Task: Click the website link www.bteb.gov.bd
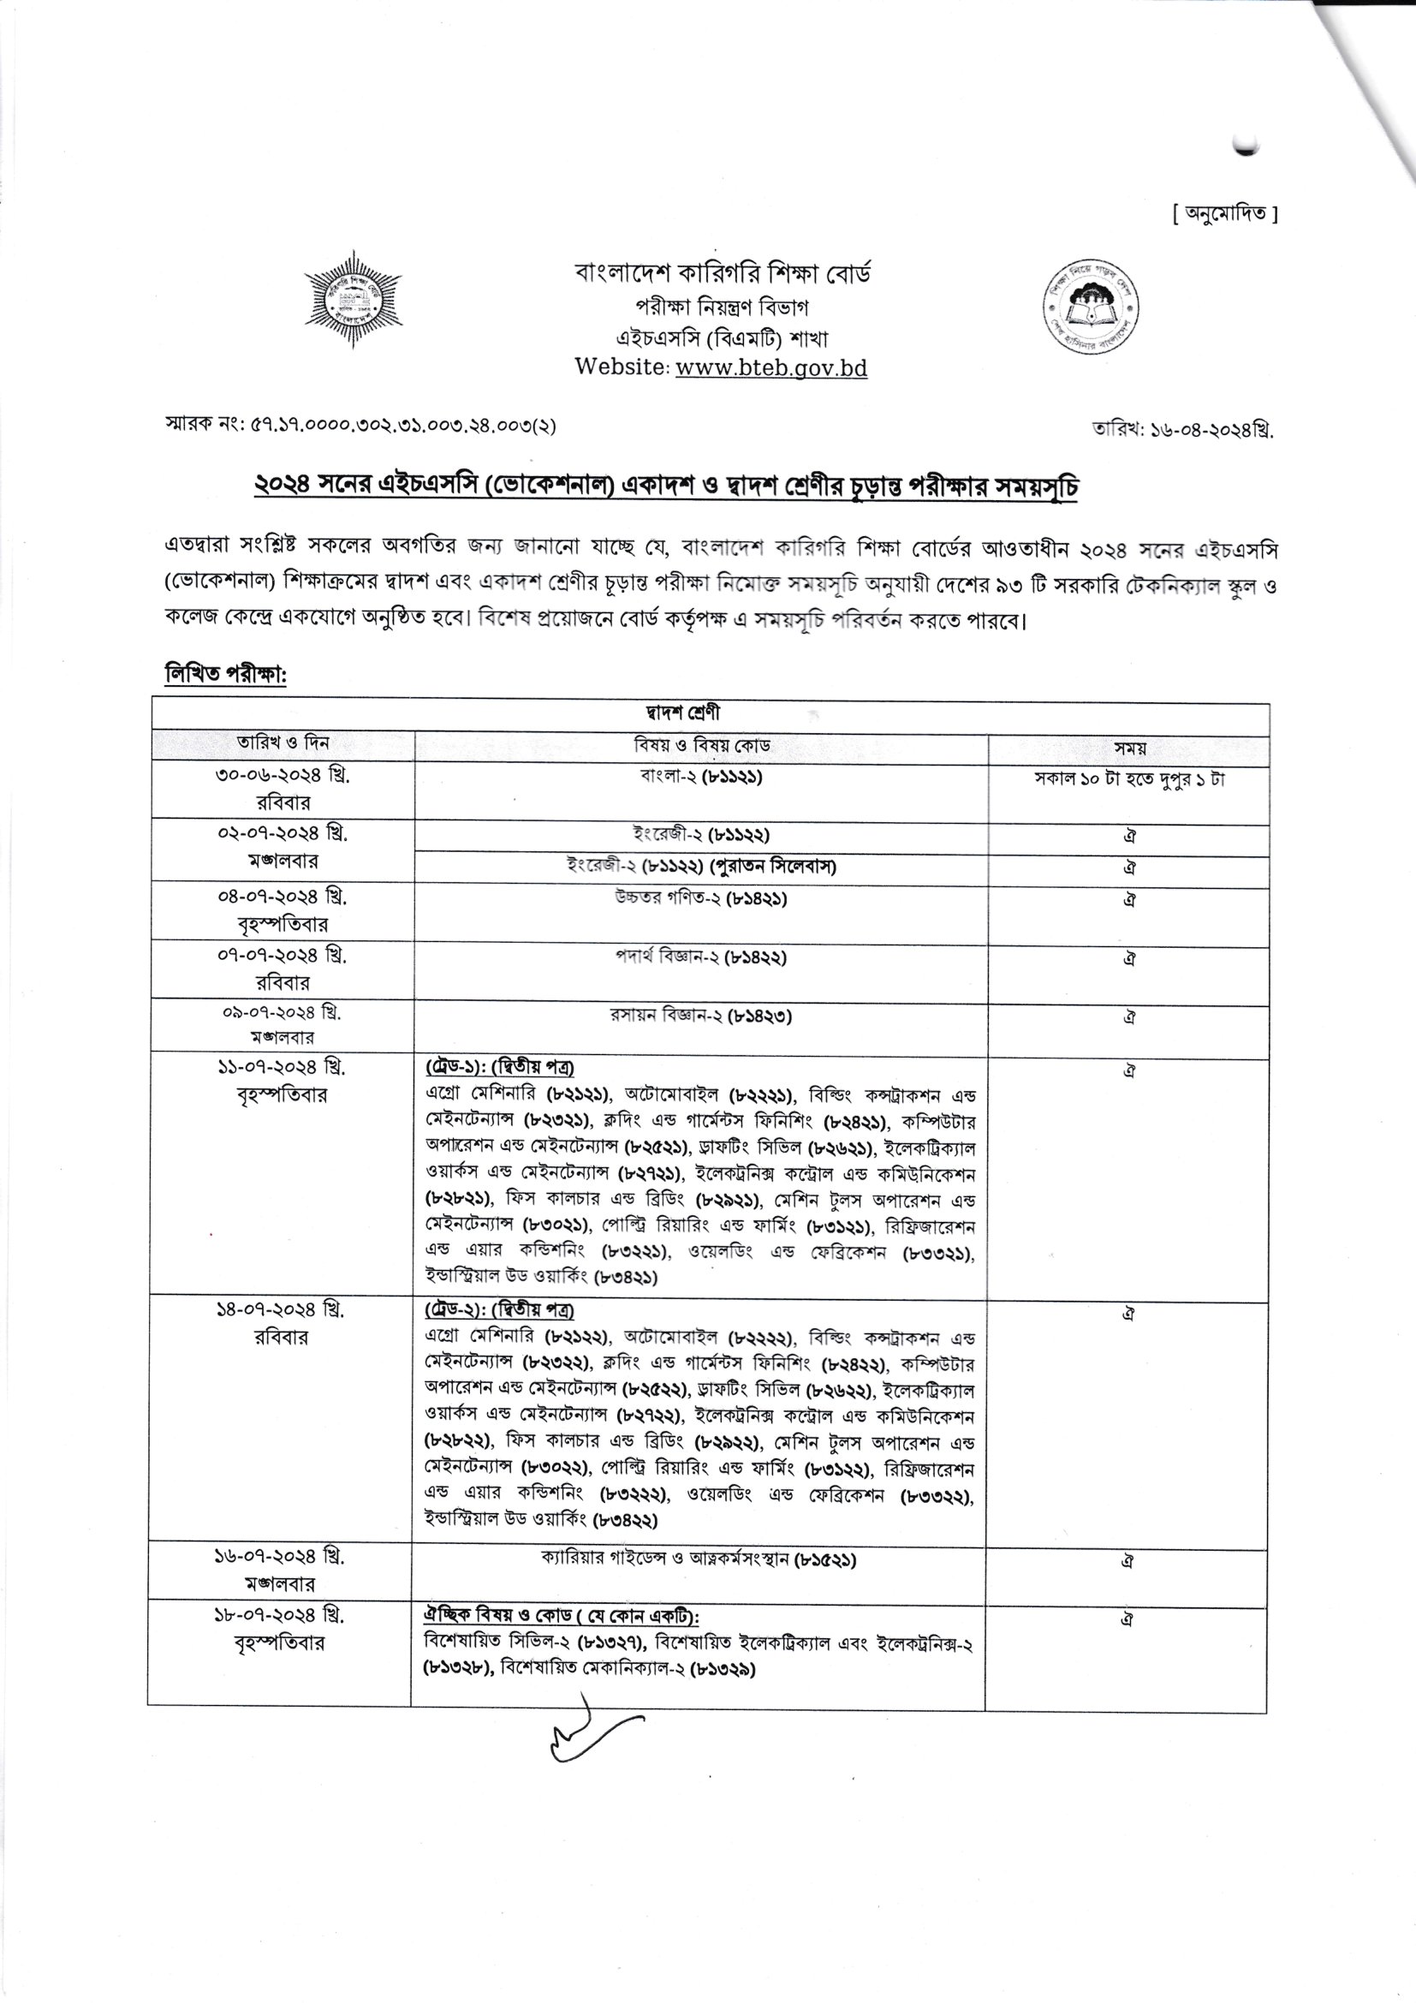(770, 368)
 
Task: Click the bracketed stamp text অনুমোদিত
(1224, 214)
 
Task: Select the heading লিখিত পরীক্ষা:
(226, 674)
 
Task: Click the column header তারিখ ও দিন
(283, 743)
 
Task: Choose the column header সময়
(1129, 748)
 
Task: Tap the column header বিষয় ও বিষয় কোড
(702, 746)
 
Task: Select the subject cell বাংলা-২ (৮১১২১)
(701, 777)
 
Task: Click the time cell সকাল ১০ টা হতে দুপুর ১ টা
(1129, 779)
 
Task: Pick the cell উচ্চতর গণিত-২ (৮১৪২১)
(701, 897)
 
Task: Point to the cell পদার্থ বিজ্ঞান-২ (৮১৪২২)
(701, 957)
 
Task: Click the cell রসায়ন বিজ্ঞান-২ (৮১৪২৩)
(701, 1016)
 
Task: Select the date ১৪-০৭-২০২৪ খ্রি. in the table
(281, 1309)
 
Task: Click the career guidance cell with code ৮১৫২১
(699, 1558)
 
